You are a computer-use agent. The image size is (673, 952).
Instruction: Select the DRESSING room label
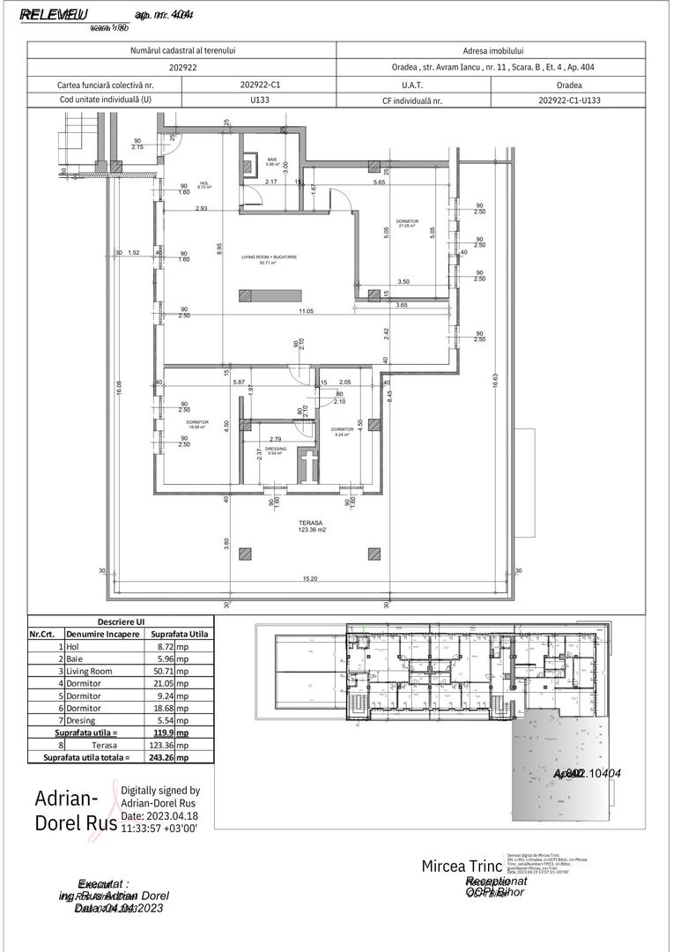click(277, 449)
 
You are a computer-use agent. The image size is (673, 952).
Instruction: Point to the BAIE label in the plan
click(272, 160)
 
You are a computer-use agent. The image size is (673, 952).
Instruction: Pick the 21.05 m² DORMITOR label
click(407, 222)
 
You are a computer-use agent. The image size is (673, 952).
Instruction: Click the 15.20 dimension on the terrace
click(310, 578)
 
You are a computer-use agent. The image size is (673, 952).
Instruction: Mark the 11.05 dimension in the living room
click(306, 311)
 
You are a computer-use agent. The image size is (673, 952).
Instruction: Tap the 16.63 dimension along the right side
click(496, 382)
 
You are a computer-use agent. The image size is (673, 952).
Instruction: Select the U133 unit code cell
click(260, 100)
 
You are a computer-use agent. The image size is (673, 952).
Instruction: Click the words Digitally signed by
click(160, 791)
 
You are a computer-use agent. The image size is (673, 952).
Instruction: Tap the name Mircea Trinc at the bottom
click(462, 866)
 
